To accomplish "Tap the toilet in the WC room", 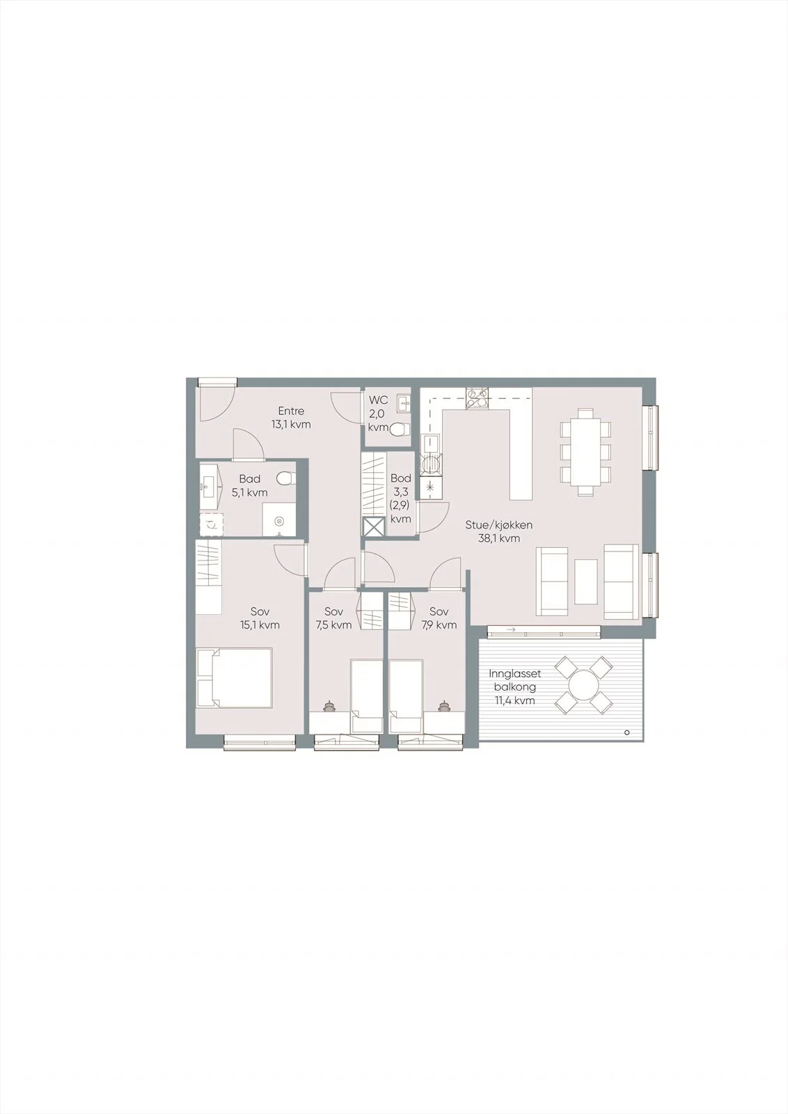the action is tap(399, 429).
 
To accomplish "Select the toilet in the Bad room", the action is tap(285, 479).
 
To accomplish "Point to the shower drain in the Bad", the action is tap(279, 521).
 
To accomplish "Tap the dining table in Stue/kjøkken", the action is tap(585, 452).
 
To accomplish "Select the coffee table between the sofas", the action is tap(585, 581).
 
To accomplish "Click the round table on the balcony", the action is tap(583, 685).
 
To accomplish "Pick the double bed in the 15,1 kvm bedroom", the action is tap(235, 677).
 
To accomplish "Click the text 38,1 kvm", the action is tap(498, 538).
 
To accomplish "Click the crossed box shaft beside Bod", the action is tap(375, 527).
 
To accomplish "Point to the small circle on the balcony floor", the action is tap(627, 732).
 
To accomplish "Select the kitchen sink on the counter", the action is tap(430, 442).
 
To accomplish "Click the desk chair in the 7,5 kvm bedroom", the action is tap(329, 705).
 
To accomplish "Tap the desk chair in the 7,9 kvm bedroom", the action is tap(443, 705).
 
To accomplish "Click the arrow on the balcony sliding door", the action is tap(510, 630).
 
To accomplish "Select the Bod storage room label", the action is tap(401, 478).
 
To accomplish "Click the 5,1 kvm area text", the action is tap(250, 493).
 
